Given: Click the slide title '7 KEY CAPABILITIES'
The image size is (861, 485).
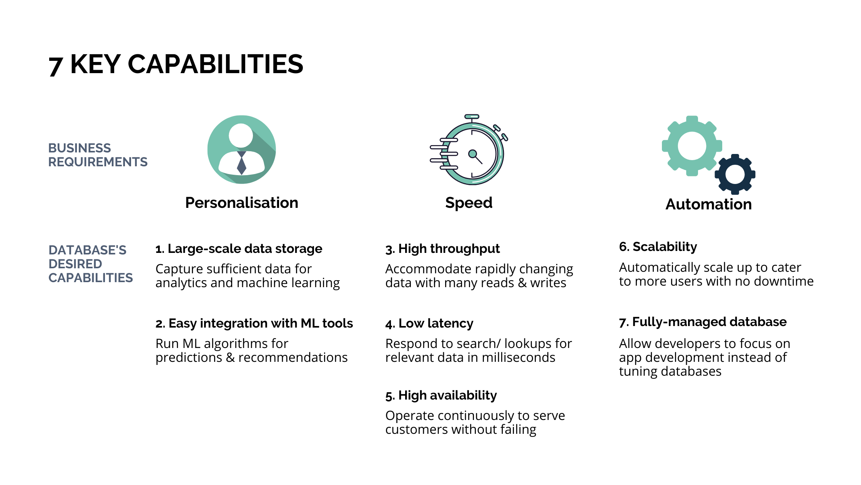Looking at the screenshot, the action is pyautogui.click(x=176, y=64).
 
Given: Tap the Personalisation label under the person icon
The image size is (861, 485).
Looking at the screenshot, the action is pyautogui.click(x=242, y=203).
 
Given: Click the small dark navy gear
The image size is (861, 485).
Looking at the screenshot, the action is pyautogui.click(x=735, y=174).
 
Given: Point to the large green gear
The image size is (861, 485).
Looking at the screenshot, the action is pyautogui.click(x=692, y=146).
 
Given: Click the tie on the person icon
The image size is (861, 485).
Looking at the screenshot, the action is pyautogui.click(x=242, y=163).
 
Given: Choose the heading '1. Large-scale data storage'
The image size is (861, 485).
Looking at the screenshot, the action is pyautogui.click(x=239, y=249).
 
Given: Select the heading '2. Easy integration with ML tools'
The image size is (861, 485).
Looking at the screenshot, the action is pyautogui.click(x=254, y=323).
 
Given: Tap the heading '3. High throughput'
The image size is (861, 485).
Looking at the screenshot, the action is pyautogui.click(x=442, y=249).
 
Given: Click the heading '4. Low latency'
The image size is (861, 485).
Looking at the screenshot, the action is pyautogui.click(x=429, y=323).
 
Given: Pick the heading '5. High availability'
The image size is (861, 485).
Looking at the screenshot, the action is pyautogui.click(x=441, y=395).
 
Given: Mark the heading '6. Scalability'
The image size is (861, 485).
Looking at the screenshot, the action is pyautogui.click(x=658, y=247).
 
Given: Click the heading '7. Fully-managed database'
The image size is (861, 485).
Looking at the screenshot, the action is pyautogui.click(x=703, y=322).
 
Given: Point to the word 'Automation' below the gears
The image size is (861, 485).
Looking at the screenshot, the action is pyautogui.click(x=708, y=204).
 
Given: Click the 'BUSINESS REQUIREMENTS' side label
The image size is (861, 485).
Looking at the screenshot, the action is pyautogui.click(x=98, y=155).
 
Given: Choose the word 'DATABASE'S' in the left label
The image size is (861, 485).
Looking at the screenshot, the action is pyautogui.click(x=87, y=250).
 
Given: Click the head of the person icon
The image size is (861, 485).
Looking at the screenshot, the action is pyautogui.click(x=241, y=135).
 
